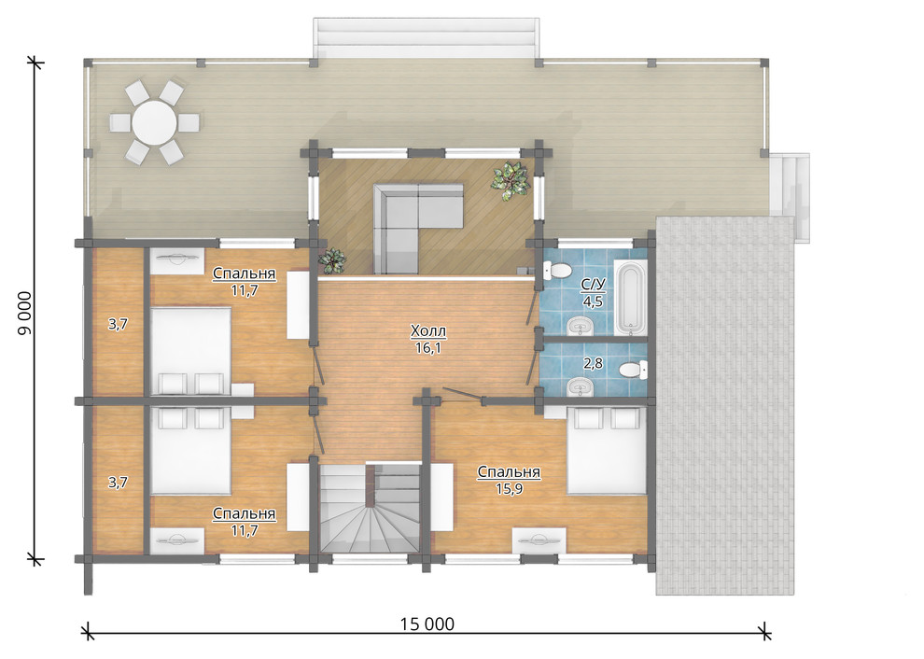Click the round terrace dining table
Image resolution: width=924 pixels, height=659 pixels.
154,122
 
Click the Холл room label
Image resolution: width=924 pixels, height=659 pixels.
428,331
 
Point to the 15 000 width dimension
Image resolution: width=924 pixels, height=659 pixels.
427,624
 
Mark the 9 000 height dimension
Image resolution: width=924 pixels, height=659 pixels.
25,314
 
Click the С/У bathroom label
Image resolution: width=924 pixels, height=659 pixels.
594,285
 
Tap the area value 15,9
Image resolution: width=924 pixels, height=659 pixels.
510,489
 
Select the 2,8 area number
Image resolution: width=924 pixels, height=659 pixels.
593,364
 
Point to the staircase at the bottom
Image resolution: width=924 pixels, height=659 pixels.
370,508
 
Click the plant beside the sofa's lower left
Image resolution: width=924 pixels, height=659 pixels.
331,259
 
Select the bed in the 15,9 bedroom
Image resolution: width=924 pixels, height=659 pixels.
607,451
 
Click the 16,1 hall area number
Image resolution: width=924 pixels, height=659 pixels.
428,348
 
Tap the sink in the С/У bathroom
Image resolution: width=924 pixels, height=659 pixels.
578,326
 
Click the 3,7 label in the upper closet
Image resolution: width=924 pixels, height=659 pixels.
118,324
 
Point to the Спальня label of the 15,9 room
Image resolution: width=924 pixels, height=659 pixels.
510,472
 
